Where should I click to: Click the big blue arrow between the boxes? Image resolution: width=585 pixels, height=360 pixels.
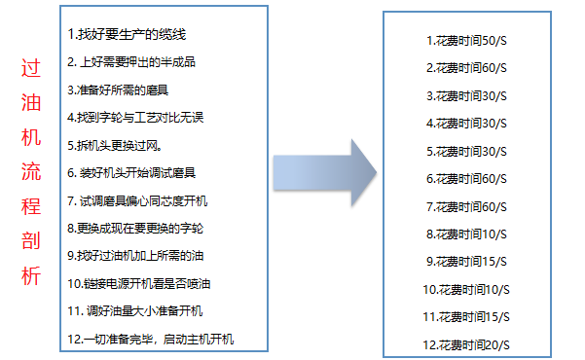[x=326, y=181]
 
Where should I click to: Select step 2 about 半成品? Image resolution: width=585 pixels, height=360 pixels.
[x=131, y=61]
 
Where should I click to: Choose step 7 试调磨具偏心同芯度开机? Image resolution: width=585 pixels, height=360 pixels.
[x=137, y=200]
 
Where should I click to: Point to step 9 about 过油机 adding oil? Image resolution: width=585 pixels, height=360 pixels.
[x=135, y=256]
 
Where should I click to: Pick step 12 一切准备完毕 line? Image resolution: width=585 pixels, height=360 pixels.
[x=151, y=339]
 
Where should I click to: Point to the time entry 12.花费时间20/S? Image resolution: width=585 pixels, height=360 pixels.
[x=467, y=344]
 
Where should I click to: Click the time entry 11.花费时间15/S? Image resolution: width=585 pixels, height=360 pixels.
[x=467, y=316]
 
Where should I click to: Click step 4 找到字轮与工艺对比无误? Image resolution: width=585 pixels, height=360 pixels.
[x=135, y=117]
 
